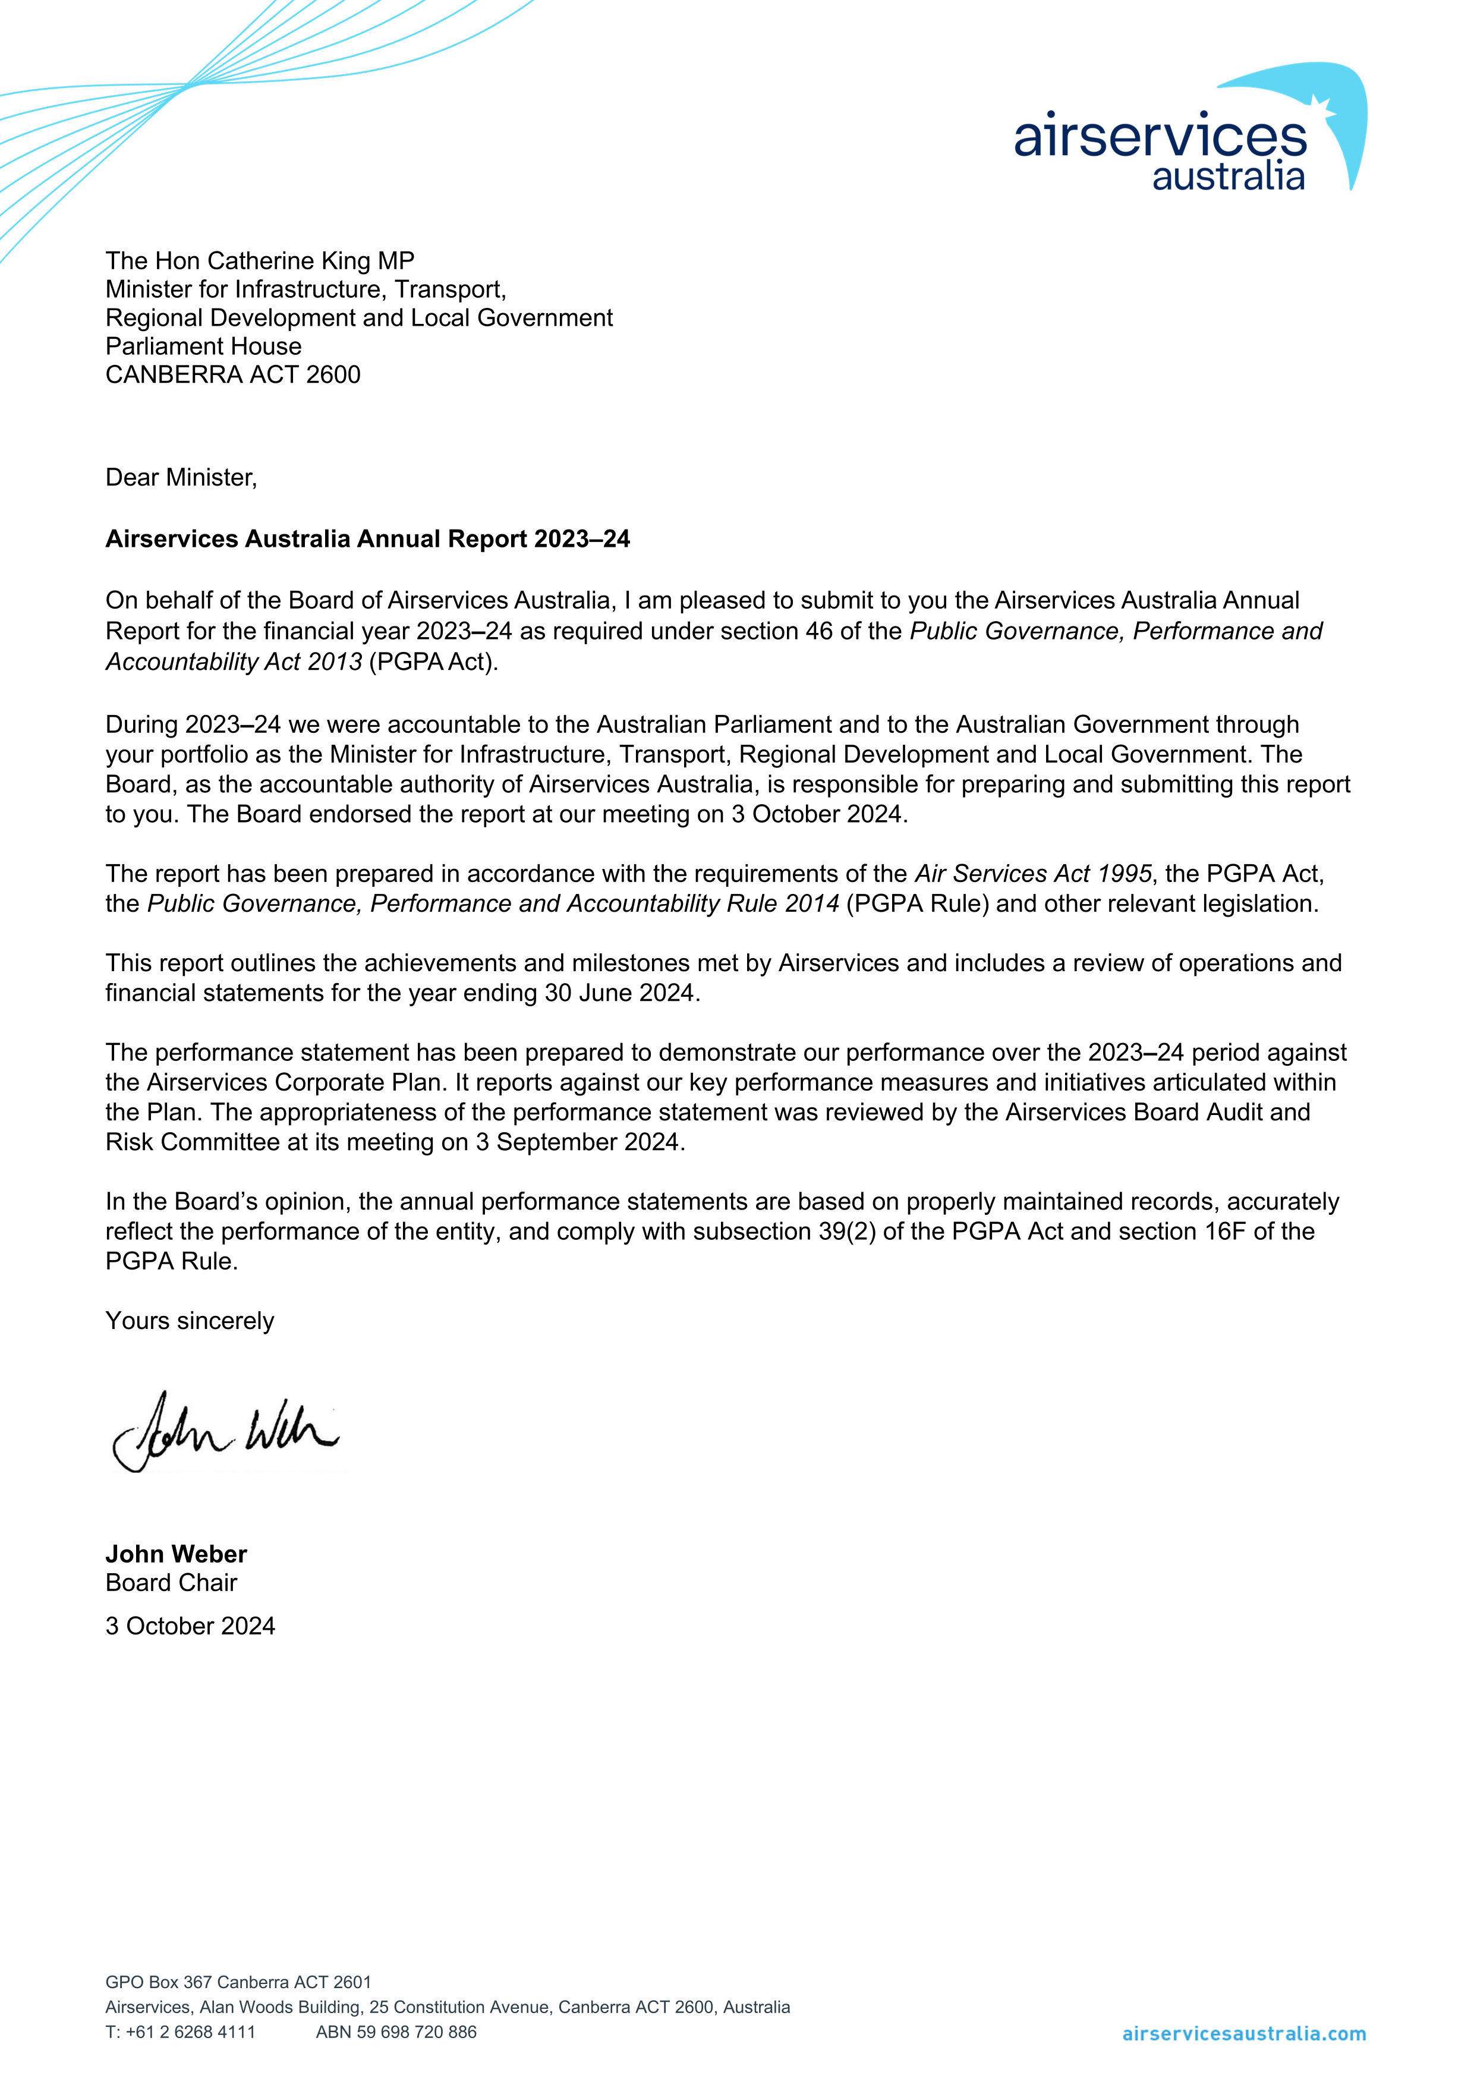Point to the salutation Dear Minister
click(181, 478)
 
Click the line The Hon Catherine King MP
click(260, 262)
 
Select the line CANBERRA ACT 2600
click(232, 375)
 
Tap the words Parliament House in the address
click(203, 347)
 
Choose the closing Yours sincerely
click(189, 1321)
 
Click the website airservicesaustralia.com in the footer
click(1243, 2034)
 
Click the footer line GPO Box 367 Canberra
click(238, 1982)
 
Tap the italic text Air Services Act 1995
click(1032, 874)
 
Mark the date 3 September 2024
click(578, 1142)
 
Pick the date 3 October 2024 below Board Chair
click(190, 1626)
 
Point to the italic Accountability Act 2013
click(234, 662)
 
